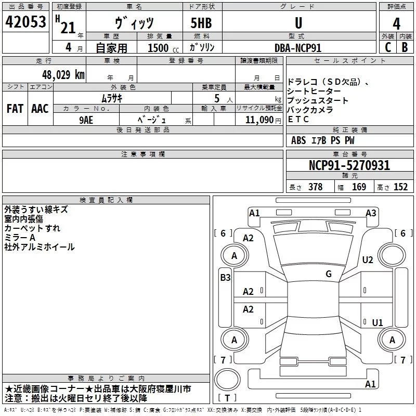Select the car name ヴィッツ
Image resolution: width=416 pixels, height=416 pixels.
click(134, 22)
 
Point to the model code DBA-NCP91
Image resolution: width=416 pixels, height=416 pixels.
click(298, 47)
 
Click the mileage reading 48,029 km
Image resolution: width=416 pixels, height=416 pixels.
click(58, 75)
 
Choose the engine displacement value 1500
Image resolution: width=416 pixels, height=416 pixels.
click(158, 48)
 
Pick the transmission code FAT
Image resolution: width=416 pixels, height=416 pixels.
click(15, 109)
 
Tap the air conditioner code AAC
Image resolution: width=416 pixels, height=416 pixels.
click(40, 109)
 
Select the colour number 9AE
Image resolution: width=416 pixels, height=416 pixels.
click(86, 119)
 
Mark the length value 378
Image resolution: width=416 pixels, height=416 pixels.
click(315, 187)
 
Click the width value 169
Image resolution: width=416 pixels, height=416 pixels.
click(359, 187)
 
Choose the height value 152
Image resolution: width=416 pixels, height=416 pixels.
click(400, 187)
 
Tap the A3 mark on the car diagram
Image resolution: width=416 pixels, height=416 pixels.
click(371, 213)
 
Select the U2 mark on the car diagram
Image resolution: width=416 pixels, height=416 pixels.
click(368, 260)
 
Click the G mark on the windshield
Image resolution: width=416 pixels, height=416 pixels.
click(329, 274)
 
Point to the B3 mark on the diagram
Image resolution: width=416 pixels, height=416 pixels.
click(225, 278)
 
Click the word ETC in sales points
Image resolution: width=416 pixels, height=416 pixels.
click(298, 120)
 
